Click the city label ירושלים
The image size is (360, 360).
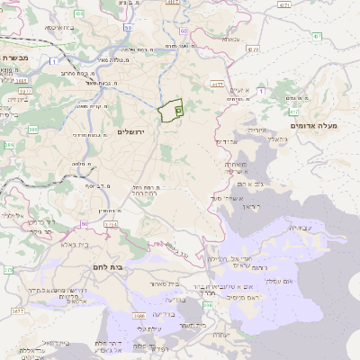131,132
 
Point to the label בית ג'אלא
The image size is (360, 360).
74,244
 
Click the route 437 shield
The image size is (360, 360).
318,35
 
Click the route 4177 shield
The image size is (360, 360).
215,84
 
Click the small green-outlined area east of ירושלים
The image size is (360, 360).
170,111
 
